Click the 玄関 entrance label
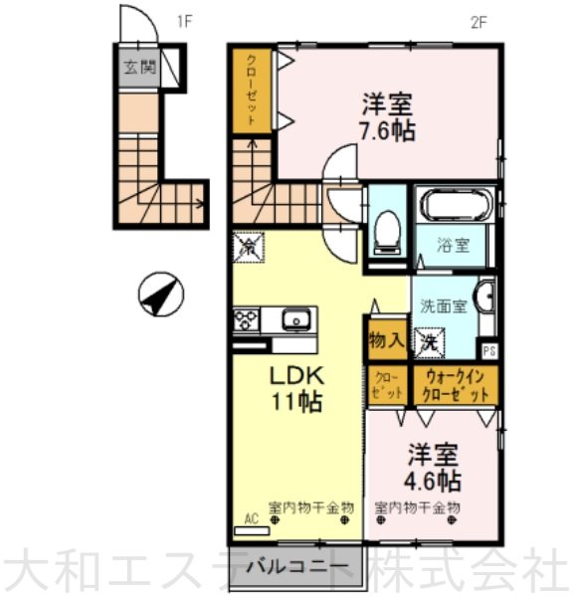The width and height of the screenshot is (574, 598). pos(140,69)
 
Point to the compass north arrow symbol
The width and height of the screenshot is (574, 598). pos(160,295)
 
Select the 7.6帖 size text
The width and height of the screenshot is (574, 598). pos(387,129)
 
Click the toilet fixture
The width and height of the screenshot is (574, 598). pos(386,233)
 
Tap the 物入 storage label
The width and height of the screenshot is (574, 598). pos(387,340)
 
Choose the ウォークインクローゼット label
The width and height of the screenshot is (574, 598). pos(457,386)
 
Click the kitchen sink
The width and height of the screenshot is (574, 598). pos(294,320)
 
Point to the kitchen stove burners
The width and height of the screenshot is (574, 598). pos(246,320)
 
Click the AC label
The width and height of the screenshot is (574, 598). pos(250,519)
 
